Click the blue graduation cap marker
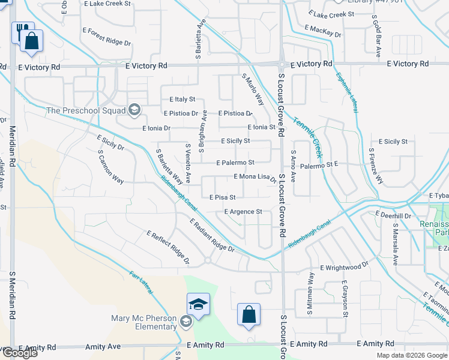[197, 304]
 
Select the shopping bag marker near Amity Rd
[249, 315]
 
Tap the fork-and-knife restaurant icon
[21, 30]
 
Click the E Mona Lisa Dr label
[255, 177]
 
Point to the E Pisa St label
[222, 197]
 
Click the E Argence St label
[243, 212]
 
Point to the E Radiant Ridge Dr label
[211, 235]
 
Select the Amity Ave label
[103, 347]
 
